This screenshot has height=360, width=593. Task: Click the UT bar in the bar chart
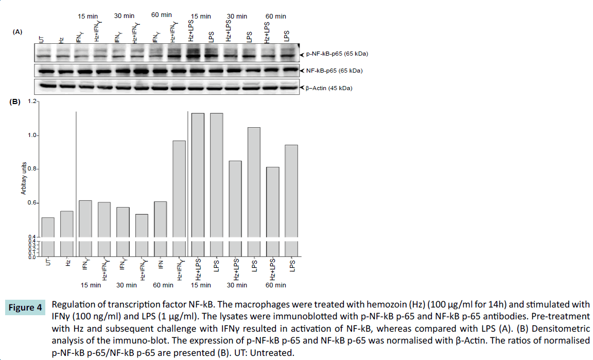pyautogui.click(x=48, y=227)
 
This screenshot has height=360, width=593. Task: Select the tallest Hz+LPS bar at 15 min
pyautogui.click(x=198, y=175)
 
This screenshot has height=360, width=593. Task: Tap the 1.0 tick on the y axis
pyautogui.click(x=33, y=135)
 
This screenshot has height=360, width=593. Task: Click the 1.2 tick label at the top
pyautogui.click(x=32, y=101)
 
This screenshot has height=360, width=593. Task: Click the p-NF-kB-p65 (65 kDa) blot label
pyautogui.click(x=337, y=54)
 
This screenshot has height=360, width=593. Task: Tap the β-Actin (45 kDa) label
pyautogui.click(x=329, y=88)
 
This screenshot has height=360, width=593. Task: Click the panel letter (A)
pyautogui.click(x=18, y=32)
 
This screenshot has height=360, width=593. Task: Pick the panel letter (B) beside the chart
pyautogui.click(x=15, y=101)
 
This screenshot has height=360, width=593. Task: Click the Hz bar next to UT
pyautogui.click(x=67, y=224)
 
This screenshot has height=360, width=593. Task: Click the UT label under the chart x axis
pyautogui.click(x=48, y=263)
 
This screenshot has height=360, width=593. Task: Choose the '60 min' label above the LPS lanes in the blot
pyautogui.click(x=276, y=16)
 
